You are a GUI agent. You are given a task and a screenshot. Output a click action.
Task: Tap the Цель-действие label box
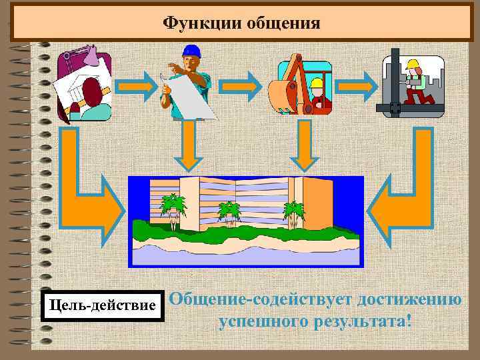102,305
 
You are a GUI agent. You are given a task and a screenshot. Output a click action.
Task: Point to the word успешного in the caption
264,322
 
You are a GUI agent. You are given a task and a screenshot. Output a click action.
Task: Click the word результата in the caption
361,322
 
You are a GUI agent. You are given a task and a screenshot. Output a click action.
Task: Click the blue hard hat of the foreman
192,51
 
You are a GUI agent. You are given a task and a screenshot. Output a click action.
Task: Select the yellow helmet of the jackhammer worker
413,65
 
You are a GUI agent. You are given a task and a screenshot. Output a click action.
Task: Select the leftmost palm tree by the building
173,208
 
